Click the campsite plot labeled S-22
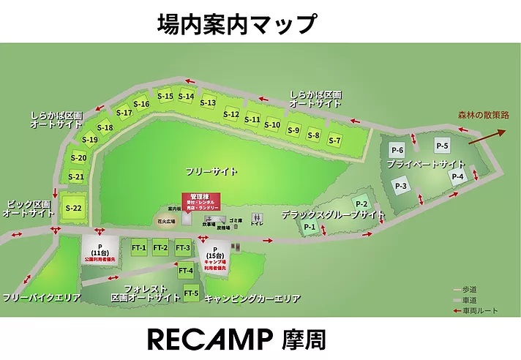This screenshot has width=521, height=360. (72, 207)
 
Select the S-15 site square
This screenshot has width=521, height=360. (165, 96)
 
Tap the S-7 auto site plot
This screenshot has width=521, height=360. (334, 140)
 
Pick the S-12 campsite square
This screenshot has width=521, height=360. (230, 114)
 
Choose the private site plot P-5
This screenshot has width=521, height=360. (443, 145)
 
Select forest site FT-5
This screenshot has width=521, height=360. (191, 293)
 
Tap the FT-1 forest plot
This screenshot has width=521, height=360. (139, 248)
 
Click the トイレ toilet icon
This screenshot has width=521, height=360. (257, 220)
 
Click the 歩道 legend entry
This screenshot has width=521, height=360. (468, 289)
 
